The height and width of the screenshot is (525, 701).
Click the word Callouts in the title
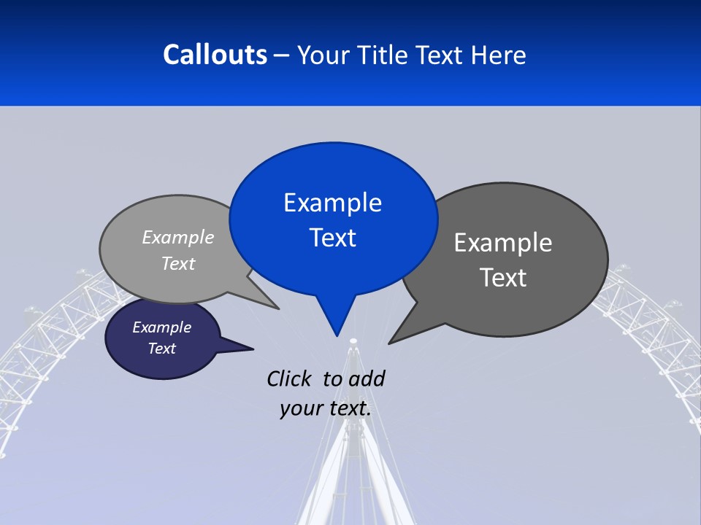215,55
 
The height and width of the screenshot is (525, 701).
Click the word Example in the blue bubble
332,203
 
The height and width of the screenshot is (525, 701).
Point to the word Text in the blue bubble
332,238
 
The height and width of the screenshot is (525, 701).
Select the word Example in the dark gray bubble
502,243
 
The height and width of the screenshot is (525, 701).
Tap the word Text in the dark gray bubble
502,278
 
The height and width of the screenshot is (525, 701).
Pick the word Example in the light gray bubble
177,237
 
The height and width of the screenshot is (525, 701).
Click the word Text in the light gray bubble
177,263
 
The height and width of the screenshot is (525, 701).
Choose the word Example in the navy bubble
161,327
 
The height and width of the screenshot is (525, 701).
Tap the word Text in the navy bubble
161,349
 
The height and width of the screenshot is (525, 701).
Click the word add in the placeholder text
366,378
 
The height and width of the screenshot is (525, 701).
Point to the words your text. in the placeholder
325,408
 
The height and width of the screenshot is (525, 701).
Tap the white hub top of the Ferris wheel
353,341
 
